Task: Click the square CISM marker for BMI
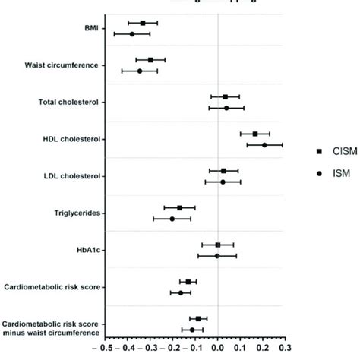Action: (x=143, y=24)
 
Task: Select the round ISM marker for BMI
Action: (x=131, y=34)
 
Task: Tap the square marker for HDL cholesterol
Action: (x=255, y=134)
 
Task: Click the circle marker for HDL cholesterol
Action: (x=264, y=144)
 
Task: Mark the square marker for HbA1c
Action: (x=218, y=245)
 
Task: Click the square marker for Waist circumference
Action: (x=150, y=60)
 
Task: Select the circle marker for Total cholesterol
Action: (x=226, y=108)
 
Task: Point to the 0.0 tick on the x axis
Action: (x=218, y=349)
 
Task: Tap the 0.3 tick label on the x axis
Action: (x=285, y=349)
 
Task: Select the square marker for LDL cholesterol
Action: (x=223, y=171)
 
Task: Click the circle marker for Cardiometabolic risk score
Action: (x=181, y=292)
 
